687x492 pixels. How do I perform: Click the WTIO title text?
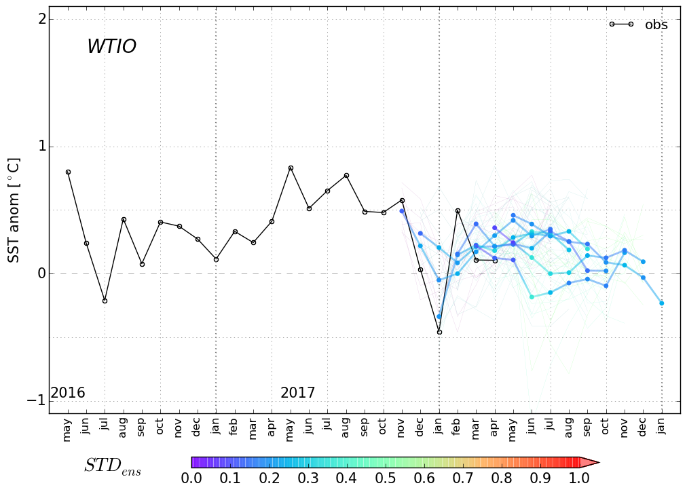click(x=111, y=47)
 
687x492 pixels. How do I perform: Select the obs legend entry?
click(x=655, y=25)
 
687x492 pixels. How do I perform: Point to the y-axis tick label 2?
click(x=42, y=19)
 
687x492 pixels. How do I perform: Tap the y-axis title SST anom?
click(x=14, y=210)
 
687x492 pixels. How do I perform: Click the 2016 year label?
click(x=68, y=393)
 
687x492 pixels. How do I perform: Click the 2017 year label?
click(x=297, y=393)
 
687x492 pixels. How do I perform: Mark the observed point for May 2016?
click(x=68, y=172)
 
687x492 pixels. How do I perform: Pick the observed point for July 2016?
click(x=105, y=301)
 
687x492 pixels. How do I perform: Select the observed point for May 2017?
click(x=291, y=168)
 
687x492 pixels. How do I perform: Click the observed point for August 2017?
click(x=346, y=175)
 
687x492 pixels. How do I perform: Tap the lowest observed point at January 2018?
click(x=439, y=332)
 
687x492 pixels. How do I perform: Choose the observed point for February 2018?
click(x=458, y=210)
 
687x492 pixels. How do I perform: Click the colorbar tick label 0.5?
click(x=385, y=478)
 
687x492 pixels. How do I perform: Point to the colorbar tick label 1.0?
click(x=578, y=478)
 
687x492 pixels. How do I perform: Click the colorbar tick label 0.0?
click(x=191, y=478)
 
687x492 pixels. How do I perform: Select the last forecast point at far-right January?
click(x=661, y=303)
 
